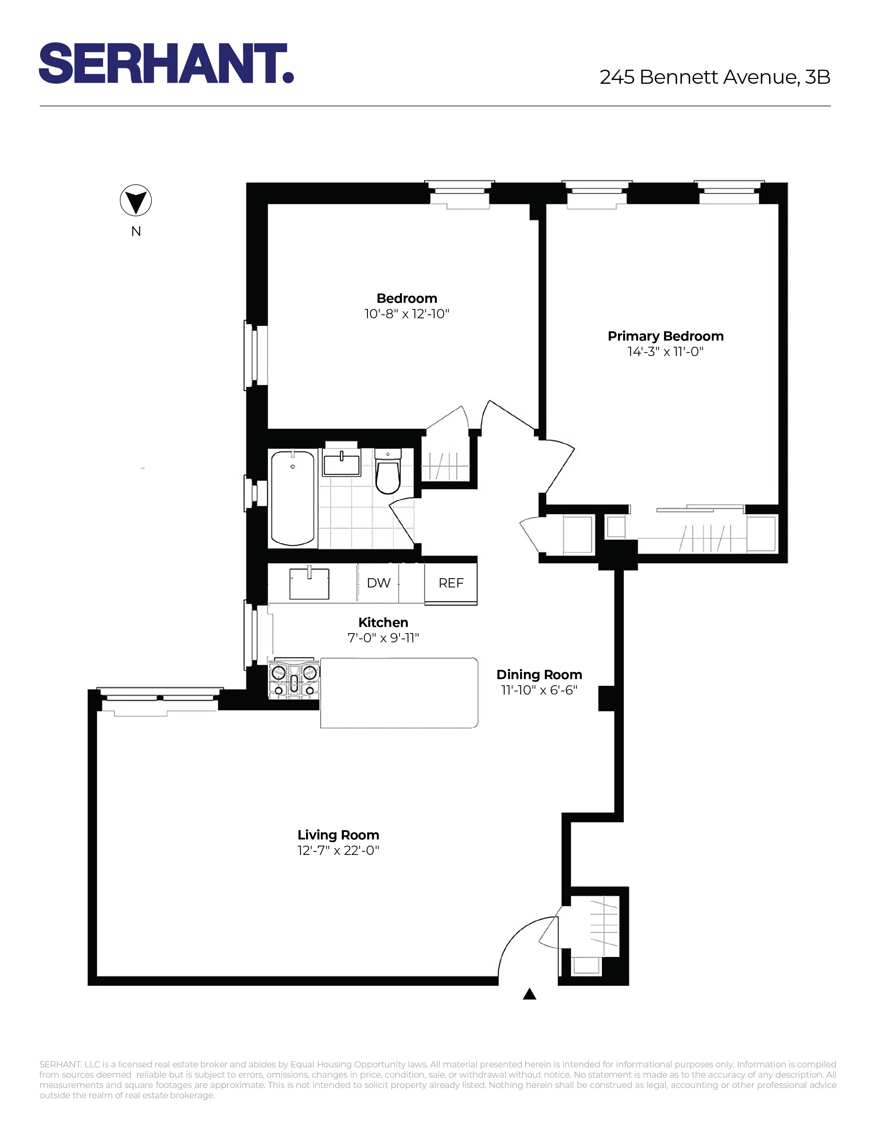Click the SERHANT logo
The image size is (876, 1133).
[x=166, y=63]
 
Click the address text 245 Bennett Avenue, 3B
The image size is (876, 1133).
[x=715, y=77]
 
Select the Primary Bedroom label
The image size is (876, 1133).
[x=665, y=336]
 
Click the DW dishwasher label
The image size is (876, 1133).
[x=378, y=583]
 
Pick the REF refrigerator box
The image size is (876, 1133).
[x=450, y=583]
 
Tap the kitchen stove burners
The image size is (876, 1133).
[x=294, y=679]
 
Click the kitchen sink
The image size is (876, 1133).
[x=309, y=584]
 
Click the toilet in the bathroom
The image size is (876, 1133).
[x=388, y=472]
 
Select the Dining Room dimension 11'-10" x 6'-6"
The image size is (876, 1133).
[x=539, y=690]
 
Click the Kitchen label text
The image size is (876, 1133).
[x=383, y=622]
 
